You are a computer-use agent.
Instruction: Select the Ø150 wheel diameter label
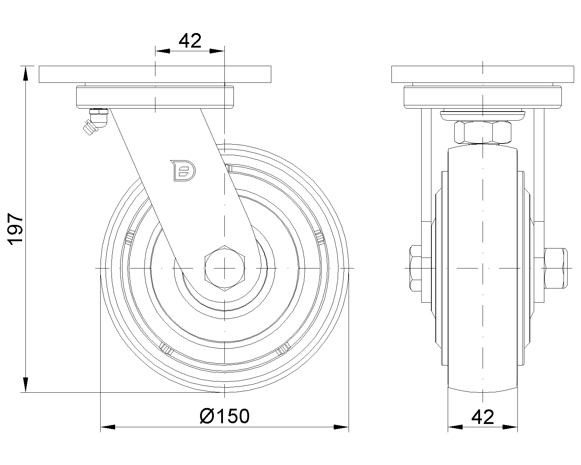225,416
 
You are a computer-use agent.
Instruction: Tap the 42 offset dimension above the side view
190,41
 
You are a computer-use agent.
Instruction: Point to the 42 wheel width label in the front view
483,417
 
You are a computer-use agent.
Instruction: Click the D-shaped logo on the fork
183,170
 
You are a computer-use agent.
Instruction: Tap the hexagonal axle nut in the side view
225,268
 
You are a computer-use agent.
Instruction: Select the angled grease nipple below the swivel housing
95,122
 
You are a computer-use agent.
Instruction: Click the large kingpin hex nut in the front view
483,132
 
